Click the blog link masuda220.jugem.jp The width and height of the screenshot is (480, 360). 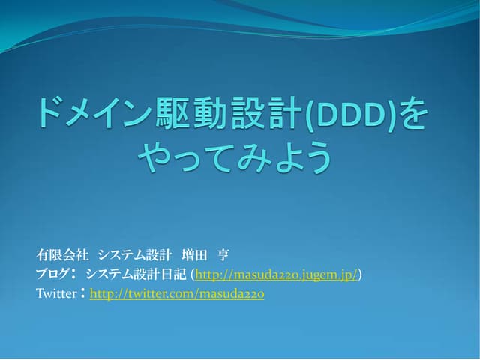[276, 274]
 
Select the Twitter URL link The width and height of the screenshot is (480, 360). [177, 294]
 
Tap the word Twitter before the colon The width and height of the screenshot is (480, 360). [55, 294]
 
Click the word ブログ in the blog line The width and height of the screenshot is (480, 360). [51, 274]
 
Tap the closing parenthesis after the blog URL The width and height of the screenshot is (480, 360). [361, 274]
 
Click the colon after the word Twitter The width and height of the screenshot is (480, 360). [82, 294]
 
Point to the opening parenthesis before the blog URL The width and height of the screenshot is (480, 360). [192, 274]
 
